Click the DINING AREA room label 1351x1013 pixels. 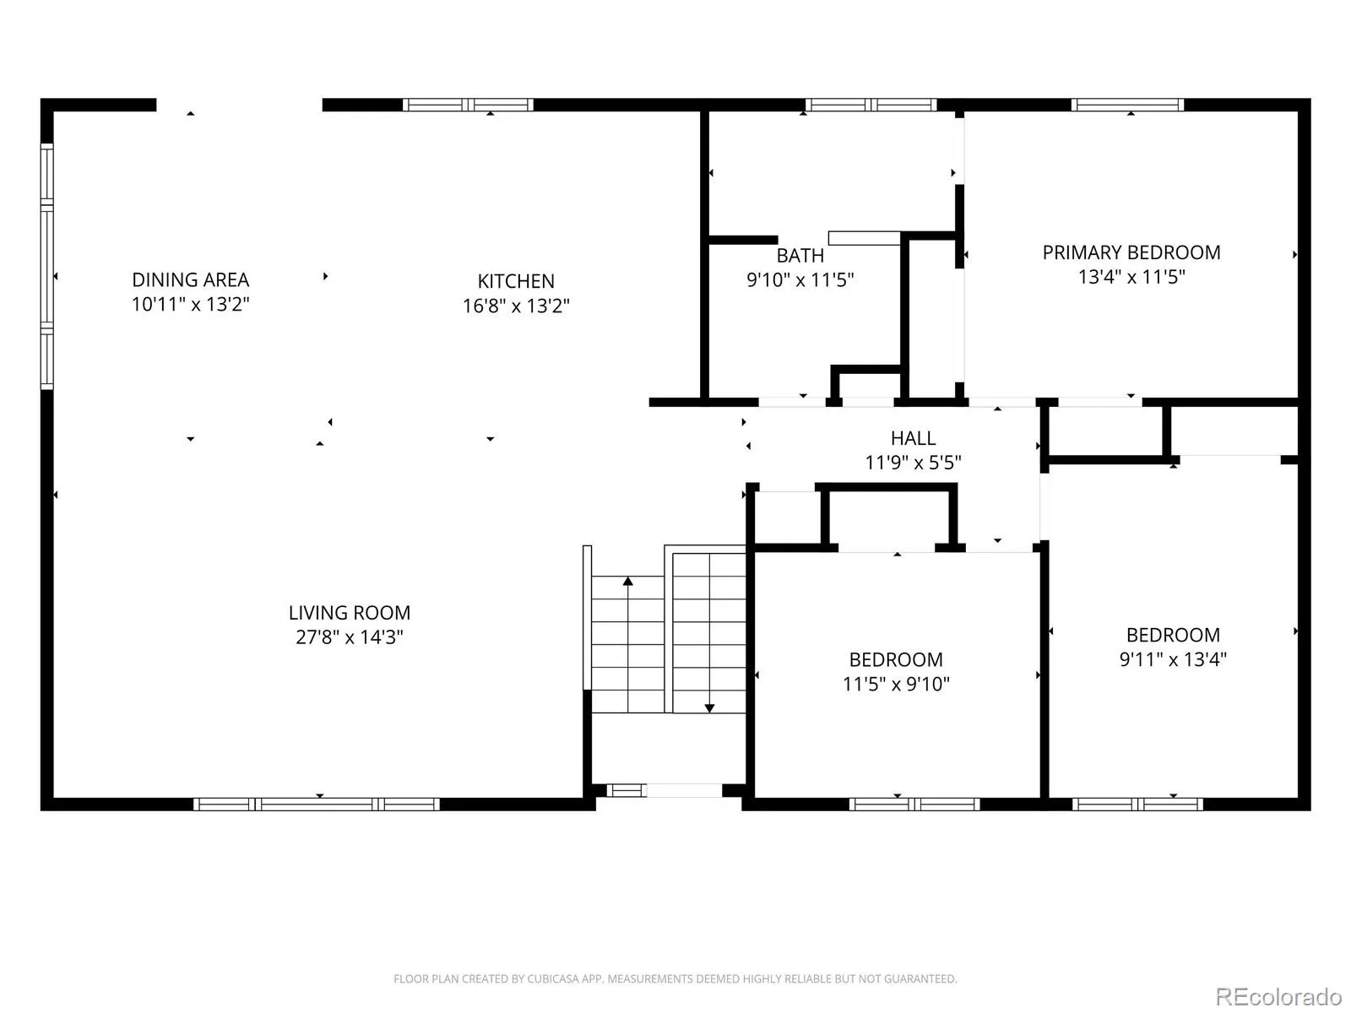190,280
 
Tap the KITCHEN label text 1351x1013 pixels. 516,281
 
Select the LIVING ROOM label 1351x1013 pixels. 349,613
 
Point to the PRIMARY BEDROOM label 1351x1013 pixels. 1131,252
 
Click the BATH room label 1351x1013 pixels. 800,255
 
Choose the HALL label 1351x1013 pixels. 914,438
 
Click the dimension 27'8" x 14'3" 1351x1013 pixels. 349,637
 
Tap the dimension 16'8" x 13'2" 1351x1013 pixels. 516,306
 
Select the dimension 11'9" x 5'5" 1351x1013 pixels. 914,463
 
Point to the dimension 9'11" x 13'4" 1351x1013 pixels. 1173,659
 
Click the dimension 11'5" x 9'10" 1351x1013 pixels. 896,684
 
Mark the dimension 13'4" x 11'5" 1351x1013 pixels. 1131,277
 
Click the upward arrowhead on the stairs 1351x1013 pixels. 628,581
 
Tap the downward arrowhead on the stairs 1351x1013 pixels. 709,708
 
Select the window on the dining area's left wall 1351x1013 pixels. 46,266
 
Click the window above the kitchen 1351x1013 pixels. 468,105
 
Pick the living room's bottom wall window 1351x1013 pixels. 317,804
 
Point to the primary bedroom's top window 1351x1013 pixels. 1127,105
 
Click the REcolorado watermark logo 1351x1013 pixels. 1278,996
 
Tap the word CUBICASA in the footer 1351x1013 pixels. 551,978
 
